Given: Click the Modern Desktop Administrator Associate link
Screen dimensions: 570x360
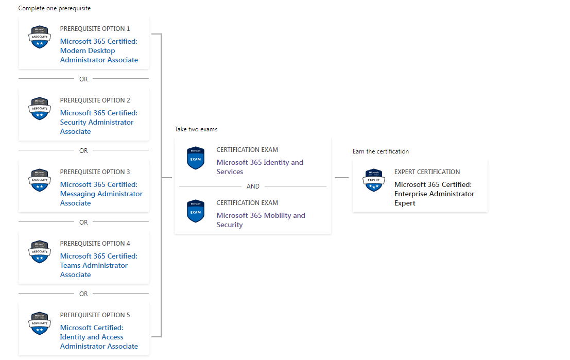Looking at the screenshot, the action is (99, 50).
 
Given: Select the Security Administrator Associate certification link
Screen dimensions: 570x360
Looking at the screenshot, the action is (99, 122).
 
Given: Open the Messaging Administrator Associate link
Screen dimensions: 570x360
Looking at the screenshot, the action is (101, 194).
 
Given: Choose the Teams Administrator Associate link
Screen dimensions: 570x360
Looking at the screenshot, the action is (99, 265).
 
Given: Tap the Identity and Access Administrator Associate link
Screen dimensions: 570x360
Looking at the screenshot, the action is (99, 337).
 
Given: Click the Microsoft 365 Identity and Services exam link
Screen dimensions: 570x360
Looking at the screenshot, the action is (260, 167).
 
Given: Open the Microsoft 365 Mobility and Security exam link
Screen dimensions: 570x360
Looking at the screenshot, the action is (261, 220).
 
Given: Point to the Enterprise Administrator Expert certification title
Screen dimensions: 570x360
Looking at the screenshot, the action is (435, 194).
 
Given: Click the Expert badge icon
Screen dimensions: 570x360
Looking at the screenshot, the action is (374, 180).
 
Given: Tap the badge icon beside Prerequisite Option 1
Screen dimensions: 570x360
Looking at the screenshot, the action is (40, 37).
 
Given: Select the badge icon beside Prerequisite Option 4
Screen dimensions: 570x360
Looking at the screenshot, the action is (40, 252).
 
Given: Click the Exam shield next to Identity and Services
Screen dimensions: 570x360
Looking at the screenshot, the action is (196, 158).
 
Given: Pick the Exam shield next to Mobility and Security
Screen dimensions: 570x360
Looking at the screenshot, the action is (196, 211).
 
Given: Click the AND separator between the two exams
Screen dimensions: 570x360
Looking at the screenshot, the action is (253, 186).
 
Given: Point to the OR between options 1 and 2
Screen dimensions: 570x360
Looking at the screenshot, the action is (83, 79).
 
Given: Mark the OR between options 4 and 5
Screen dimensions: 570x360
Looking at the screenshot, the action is (83, 294).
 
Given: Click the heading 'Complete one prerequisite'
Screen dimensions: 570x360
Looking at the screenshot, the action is (55, 8).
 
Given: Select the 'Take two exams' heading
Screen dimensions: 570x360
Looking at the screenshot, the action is (196, 129).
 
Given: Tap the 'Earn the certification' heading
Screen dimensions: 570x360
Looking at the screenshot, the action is (381, 151).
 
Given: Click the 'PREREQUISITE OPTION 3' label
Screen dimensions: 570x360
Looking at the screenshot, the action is (95, 172).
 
